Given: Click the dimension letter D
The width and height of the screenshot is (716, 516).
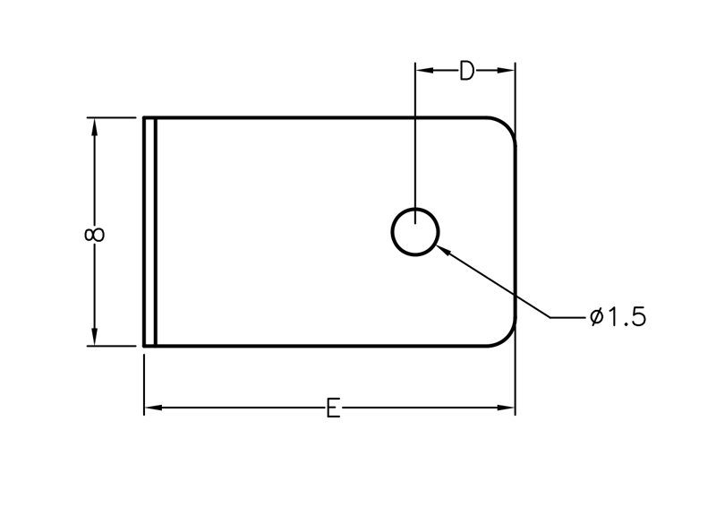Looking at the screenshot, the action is (x=466, y=71).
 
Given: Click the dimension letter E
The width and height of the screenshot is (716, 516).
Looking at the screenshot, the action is (x=333, y=408).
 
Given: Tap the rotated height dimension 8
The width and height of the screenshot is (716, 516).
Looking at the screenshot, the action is (x=95, y=235).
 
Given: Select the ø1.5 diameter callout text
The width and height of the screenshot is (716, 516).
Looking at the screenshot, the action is (x=618, y=317).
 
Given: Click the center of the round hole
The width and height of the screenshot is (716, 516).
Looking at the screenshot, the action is (x=415, y=232).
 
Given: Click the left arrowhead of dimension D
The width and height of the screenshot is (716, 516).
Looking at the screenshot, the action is (x=424, y=71).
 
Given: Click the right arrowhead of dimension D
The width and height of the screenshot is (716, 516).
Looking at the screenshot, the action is (x=506, y=71).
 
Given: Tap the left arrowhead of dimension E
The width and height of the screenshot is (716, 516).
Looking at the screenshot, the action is (x=153, y=408).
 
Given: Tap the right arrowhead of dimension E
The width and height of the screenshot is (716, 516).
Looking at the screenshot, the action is (x=506, y=408).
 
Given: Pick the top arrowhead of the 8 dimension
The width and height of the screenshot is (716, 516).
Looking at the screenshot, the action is (x=95, y=126).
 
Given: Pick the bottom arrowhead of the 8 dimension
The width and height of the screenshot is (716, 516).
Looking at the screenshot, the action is (x=95, y=337).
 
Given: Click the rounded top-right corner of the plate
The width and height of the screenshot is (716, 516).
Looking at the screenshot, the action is (x=507, y=126).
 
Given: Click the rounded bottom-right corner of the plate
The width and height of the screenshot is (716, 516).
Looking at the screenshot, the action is (x=507, y=338).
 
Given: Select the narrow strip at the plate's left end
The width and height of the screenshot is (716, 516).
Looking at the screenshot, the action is (x=149, y=232).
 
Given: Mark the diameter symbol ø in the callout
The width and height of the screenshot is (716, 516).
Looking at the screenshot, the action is (x=597, y=317).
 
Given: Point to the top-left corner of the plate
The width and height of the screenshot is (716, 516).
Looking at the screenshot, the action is (x=144, y=118).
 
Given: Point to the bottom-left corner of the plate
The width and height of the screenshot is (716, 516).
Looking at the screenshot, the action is (x=144, y=346).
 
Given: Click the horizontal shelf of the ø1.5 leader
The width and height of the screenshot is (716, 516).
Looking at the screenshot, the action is (x=567, y=317).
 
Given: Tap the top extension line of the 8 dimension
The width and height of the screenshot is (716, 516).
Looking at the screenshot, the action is (x=111, y=117).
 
